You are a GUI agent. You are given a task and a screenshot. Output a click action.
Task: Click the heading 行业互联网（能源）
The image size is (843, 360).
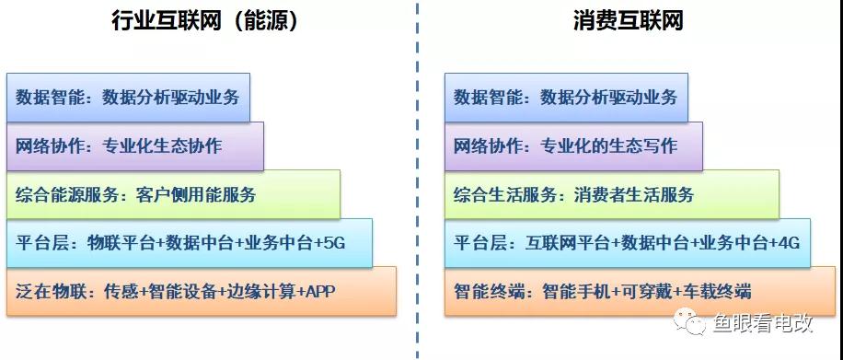pos(205,20)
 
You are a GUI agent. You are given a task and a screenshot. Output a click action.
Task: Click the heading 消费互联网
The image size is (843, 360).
pos(628,20)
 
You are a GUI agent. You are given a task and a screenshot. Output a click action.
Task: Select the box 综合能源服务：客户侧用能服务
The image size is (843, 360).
pos(173,194)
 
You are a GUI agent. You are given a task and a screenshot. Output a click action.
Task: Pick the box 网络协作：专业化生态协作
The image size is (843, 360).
pos(135,145)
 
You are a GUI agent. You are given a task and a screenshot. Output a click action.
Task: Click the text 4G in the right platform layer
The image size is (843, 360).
pos(788,243)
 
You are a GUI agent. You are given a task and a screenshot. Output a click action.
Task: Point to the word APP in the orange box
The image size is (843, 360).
pos(319,292)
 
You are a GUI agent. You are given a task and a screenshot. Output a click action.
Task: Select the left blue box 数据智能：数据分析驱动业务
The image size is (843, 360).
pos(128,97)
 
